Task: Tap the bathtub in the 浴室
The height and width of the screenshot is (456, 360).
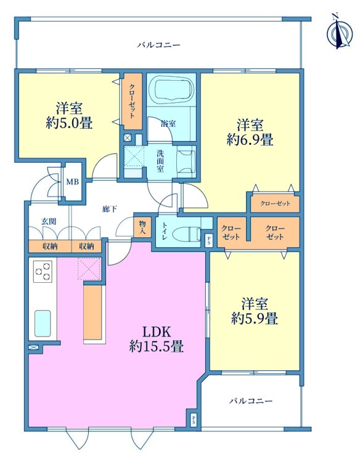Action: click(171, 89)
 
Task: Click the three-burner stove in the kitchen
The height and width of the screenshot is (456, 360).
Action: click(43, 271)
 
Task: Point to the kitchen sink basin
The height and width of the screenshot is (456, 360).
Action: click(43, 324)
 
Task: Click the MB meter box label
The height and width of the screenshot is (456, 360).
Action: click(73, 182)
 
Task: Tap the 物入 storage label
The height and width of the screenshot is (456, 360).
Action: click(142, 227)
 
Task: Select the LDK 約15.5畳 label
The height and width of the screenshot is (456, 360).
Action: click(157, 339)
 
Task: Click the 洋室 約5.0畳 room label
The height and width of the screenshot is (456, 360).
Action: click(69, 115)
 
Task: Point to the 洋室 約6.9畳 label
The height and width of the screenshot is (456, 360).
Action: click(250, 132)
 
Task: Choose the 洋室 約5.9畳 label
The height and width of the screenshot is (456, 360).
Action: click(255, 311)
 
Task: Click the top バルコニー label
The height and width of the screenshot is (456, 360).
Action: click(159, 45)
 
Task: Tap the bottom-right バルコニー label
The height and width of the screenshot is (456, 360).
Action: click(251, 401)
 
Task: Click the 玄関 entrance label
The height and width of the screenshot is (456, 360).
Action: click(49, 222)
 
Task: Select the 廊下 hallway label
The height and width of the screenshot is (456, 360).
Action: click(110, 208)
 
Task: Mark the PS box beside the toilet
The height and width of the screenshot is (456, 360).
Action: click(209, 240)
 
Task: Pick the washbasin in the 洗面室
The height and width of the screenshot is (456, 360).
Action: click(186, 161)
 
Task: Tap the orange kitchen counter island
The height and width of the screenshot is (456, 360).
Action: click(93, 312)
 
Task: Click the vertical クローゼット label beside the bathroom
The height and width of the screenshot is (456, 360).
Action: click(132, 101)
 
